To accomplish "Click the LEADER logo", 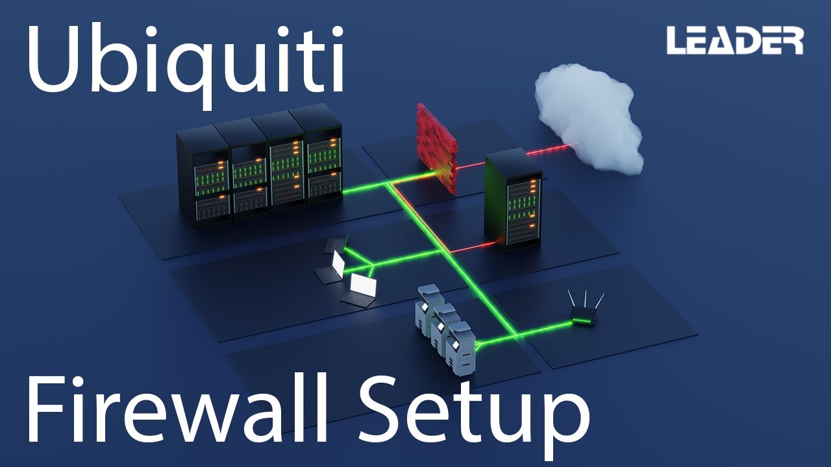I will pyautogui.click(x=735, y=41).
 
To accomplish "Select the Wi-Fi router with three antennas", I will pyautogui.click(x=584, y=315).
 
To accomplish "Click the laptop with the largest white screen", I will pyautogui.click(x=361, y=289).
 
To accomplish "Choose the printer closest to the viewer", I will pyautogui.click(x=460, y=350).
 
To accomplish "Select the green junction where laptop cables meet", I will pyautogui.click(x=371, y=265).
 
